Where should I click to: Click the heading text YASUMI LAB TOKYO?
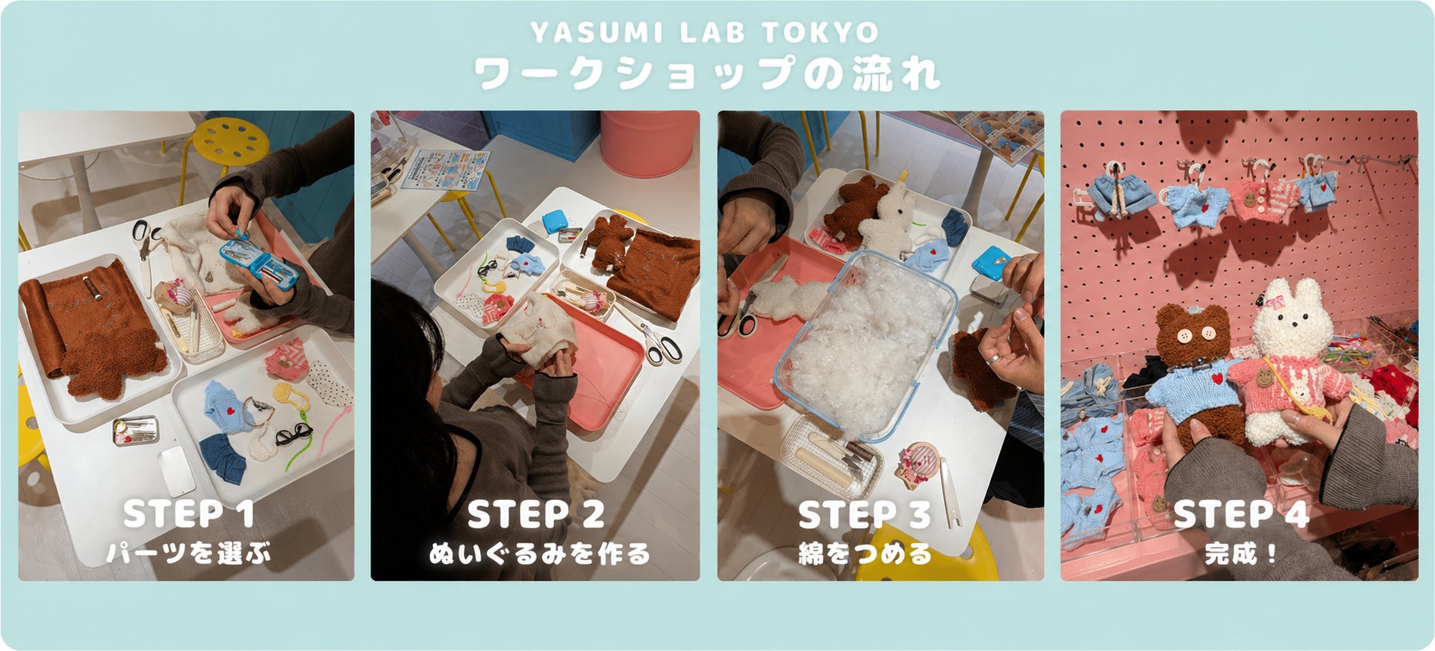pyautogui.click(x=704, y=32)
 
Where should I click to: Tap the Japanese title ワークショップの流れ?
pyautogui.click(x=707, y=74)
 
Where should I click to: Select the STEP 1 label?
pyautogui.click(x=189, y=514)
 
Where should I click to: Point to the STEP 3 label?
pyautogui.click(x=864, y=515)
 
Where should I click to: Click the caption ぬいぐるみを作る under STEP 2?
pyautogui.click(x=539, y=553)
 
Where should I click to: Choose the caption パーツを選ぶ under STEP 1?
pyautogui.click(x=189, y=553)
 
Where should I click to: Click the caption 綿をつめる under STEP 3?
pyautogui.click(x=865, y=553)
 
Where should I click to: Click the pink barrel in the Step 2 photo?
pyautogui.click(x=649, y=143)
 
